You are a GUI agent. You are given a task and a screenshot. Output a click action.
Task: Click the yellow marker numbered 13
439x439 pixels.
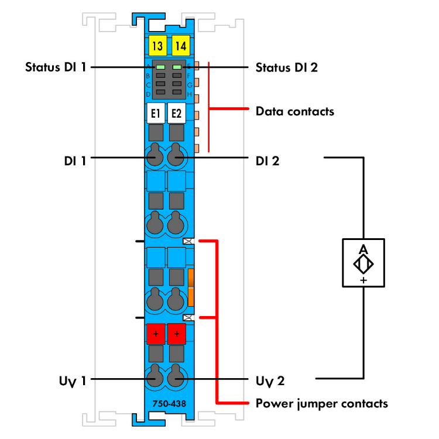[156, 45]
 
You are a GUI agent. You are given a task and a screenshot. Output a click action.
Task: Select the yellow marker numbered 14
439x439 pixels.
[179, 45]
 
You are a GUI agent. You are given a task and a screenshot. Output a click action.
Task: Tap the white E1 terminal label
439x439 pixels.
[156, 113]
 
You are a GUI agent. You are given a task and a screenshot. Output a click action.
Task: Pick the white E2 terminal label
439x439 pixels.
[176, 113]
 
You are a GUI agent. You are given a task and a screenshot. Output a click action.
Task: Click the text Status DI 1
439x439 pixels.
[56, 67]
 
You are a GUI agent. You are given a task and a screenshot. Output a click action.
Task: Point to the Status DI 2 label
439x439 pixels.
[287, 67]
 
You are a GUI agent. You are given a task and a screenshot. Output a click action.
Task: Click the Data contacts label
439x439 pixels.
[295, 110]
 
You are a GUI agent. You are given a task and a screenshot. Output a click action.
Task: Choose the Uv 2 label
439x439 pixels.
[270, 381]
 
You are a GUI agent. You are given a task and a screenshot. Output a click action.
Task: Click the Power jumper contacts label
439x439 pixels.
[322, 403]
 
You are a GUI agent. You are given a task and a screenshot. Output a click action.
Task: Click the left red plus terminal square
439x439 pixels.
[156, 334]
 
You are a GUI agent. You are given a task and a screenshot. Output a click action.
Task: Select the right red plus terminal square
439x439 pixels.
[176, 334]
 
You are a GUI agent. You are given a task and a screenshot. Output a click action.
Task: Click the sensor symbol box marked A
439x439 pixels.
[363, 263]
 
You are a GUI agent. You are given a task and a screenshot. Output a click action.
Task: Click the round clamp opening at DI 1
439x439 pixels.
[155, 157]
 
